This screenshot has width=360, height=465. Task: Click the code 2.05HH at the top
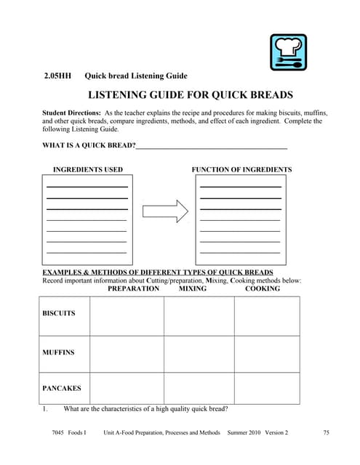tap(57, 76)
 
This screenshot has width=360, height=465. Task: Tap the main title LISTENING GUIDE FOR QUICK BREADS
tap(190, 94)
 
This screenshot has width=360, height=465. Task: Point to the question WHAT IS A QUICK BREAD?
tap(89, 147)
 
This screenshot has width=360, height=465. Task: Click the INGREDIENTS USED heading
tap(88, 170)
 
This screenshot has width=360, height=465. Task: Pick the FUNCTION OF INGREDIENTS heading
tap(241, 170)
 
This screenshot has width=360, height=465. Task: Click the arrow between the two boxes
tap(165, 211)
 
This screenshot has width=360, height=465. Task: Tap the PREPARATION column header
tap(133, 288)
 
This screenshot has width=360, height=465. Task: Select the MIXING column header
tap(192, 288)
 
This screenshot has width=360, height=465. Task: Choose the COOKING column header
tap(262, 288)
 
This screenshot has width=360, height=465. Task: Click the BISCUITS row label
tap(59, 313)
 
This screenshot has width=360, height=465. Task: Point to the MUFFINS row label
tap(58, 352)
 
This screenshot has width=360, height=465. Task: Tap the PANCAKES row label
tap(61, 389)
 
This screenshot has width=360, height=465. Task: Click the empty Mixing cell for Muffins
tap(199, 354)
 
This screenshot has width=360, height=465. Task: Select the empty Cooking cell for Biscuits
tap(266, 316)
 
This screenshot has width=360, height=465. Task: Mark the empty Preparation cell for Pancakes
tap(127, 388)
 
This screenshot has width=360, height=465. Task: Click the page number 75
tap(326, 433)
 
